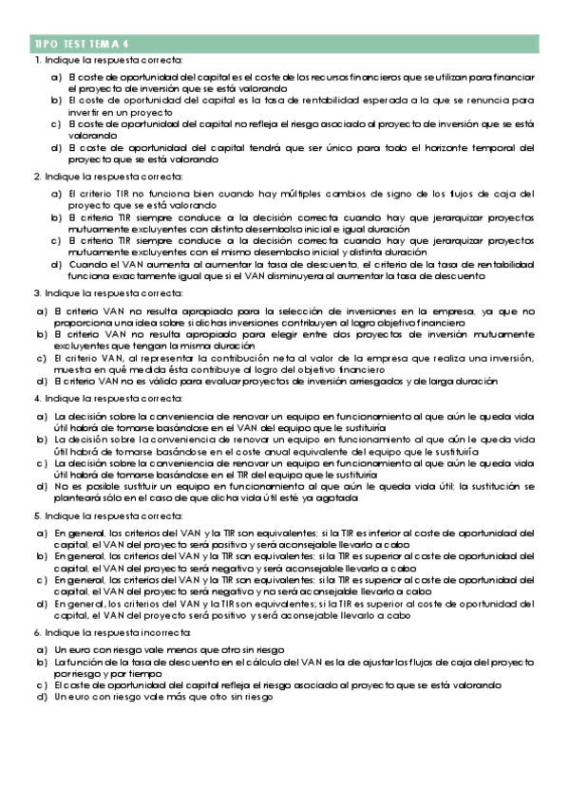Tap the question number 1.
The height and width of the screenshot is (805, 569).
[36, 61]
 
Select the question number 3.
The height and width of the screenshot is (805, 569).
[36, 294]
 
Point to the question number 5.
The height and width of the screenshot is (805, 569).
[36, 514]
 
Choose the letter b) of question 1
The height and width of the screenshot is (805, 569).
[56, 99]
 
